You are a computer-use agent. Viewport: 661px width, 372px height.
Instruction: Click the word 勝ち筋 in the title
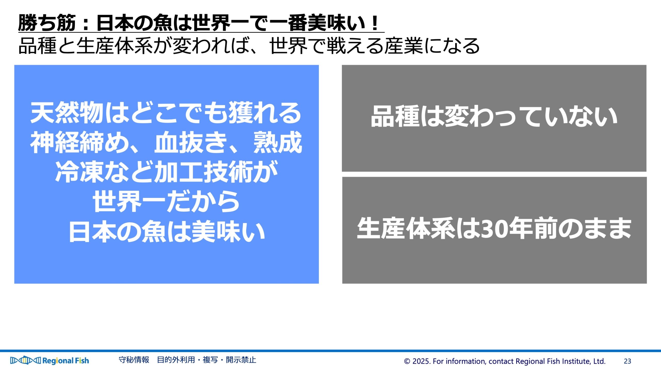(x=47, y=23)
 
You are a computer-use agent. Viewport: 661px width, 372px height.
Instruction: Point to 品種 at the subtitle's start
(x=37, y=46)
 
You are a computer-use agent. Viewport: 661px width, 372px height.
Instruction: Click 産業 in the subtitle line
(x=404, y=46)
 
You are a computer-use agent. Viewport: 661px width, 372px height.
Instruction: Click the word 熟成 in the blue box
(x=278, y=142)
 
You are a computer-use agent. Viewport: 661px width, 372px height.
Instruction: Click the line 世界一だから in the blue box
(x=166, y=202)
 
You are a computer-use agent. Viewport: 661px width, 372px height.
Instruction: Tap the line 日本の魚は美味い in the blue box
(x=167, y=231)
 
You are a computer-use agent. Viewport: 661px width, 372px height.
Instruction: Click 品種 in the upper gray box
(x=395, y=116)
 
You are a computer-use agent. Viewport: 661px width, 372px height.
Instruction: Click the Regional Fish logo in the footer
(x=50, y=360)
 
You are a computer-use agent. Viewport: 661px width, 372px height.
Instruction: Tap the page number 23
(x=627, y=361)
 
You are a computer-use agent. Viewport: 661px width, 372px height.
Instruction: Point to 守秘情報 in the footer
(x=134, y=360)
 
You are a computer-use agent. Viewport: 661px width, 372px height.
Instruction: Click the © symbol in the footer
(x=407, y=361)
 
